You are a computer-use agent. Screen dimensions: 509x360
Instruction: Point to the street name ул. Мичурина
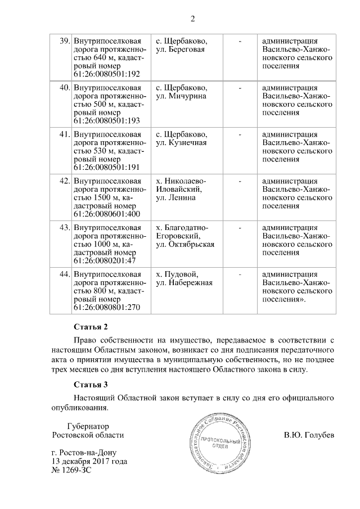click(x=181, y=96)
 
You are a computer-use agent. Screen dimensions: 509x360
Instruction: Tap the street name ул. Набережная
click(x=183, y=283)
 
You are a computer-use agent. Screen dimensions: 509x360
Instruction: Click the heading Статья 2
click(x=91, y=327)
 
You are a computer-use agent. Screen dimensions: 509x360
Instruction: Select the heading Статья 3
click(x=91, y=385)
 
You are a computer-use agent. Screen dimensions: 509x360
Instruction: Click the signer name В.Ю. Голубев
click(x=309, y=435)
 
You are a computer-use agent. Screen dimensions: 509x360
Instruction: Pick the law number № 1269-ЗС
click(x=71, y=470)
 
